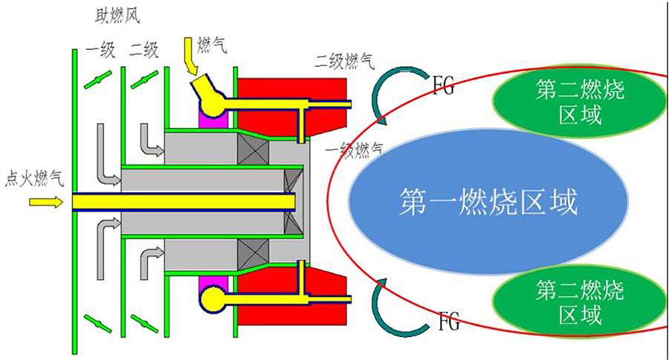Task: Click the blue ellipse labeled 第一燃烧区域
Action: pos(488,201)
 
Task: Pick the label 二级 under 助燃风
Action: pos(143,51)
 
